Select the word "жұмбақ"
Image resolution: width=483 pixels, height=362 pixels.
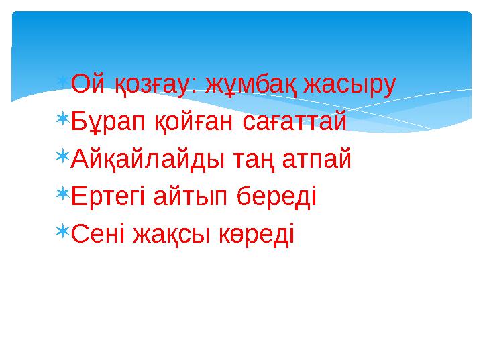point(243,85)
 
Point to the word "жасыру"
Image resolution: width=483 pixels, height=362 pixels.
point(350,85)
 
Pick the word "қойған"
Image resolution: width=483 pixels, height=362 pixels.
point(186,122)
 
